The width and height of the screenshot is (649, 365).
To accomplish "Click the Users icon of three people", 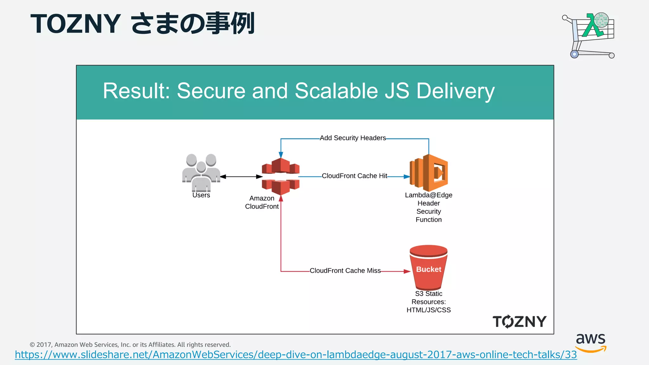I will (x=201, y=173).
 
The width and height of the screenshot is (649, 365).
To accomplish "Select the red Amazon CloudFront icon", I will (x=281, y=176).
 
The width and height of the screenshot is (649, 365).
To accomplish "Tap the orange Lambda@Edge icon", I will (x=429, y=173).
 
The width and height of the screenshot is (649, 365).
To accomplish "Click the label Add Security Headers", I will (x=353, y=138).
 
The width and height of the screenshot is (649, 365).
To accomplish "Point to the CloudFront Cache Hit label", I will (x=354, y=176).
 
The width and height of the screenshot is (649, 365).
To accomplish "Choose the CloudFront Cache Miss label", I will (x=345, y=271).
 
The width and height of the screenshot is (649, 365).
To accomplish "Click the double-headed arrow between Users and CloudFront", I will (x=241, y=176).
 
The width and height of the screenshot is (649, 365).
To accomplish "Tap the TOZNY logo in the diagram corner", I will (x=519, y=322).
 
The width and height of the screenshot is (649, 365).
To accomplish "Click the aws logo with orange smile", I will (x=591, y=342).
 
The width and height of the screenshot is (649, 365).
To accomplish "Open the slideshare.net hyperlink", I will (x=296, y=355).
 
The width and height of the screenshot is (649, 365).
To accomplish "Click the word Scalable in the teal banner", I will (x=336, y=91).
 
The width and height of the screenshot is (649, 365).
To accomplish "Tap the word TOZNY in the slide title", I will (x=75, y=24).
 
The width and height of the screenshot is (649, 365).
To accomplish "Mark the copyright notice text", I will (x=130, y=345).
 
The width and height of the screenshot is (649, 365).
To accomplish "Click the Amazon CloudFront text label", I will (x=262, y=202).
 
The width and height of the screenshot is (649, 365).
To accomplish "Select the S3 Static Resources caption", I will (x=428, y=302).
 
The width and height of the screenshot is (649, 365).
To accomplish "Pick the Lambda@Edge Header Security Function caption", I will (x=428, y=208).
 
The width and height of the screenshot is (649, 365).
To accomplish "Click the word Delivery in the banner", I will (x=455, y=91).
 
